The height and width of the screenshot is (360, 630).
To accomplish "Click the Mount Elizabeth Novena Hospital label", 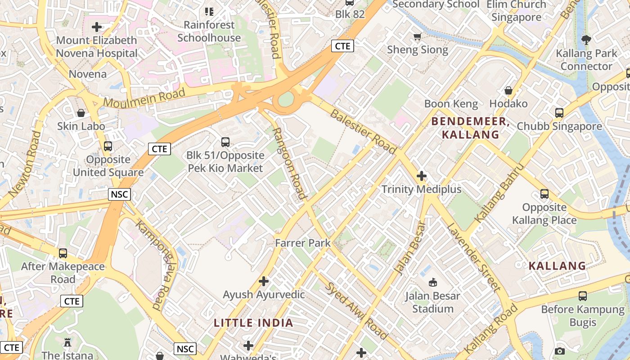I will click(96, 47).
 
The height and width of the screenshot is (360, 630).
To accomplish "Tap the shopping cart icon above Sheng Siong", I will click(418, 36).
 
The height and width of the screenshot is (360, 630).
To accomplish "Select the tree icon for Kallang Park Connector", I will click(586, 40).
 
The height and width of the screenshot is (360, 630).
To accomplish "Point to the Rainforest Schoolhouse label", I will click(209, 31).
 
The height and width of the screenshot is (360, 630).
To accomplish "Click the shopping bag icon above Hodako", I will click(508, 90).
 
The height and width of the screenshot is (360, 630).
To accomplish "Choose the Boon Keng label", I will click(451, 104).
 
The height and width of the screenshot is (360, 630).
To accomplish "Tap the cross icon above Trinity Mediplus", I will click(422, 176).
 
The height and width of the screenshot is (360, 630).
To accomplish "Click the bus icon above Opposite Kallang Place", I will click(544, 194).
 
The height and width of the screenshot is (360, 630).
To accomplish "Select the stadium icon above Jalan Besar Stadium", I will click(432, 283).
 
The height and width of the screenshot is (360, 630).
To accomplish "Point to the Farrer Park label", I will click(303, 243).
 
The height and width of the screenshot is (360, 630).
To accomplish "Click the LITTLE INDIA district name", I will click(253, 323).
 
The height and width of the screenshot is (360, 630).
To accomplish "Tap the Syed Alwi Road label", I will click(356, 311).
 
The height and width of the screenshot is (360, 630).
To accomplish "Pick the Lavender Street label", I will click(473, 257).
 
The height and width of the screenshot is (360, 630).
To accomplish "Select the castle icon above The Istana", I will click(67, 342).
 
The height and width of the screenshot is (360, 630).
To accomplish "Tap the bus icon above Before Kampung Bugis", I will click(583, 296).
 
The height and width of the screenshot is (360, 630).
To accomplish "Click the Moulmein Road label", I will click(144, 97).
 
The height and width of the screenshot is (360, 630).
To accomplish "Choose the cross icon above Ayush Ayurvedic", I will click(264, 282).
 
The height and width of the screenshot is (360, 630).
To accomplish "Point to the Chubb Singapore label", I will click(559, 126).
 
